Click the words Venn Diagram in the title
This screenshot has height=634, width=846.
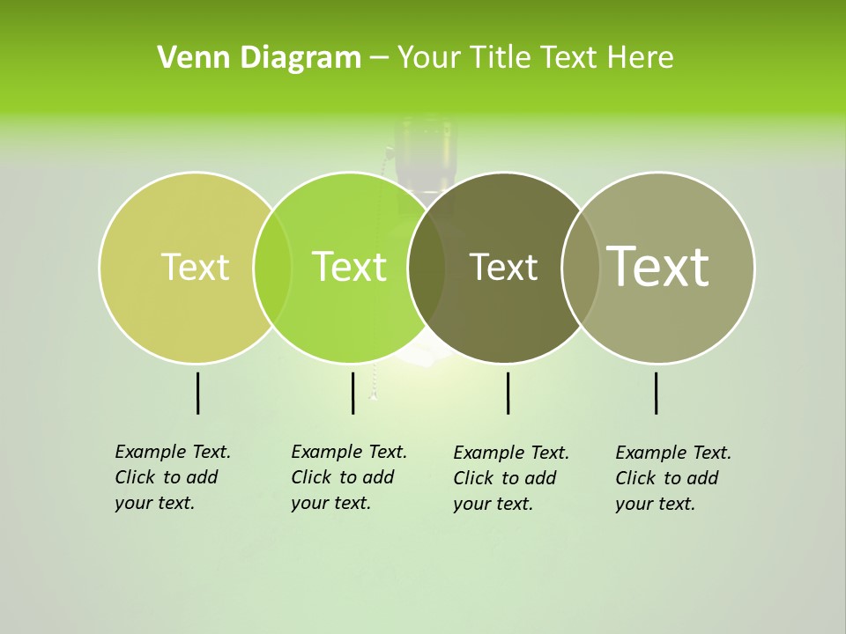click(x=259, y=58)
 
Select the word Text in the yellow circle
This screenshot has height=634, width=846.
click(x=195, y=267)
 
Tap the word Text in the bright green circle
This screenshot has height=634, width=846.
click(x=350, y=267)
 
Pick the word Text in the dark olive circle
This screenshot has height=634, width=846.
click(x=503, y=267)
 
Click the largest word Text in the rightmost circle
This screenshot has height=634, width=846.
click(x=658, y=267)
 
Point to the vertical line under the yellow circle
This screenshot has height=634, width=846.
click(x=197, y=393)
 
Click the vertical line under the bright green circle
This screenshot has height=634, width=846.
click(x=352, y=393)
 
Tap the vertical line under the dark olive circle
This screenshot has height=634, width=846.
click(x=508, y=393)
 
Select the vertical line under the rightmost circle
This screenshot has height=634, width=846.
click(x=657, y=393)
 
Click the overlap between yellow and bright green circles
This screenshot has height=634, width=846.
click(x=272, y=267)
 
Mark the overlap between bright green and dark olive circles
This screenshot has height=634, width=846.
click(x=427, y=267)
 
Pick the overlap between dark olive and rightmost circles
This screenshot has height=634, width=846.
click(x=581, y=267)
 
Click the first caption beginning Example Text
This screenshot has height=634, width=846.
click(x=172, y=477)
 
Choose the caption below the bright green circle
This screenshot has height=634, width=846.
click(x=348, y=477)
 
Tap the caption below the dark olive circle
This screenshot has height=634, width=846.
click(x=510, y=478)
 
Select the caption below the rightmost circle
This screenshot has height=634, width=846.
click(x=672, y=478)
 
